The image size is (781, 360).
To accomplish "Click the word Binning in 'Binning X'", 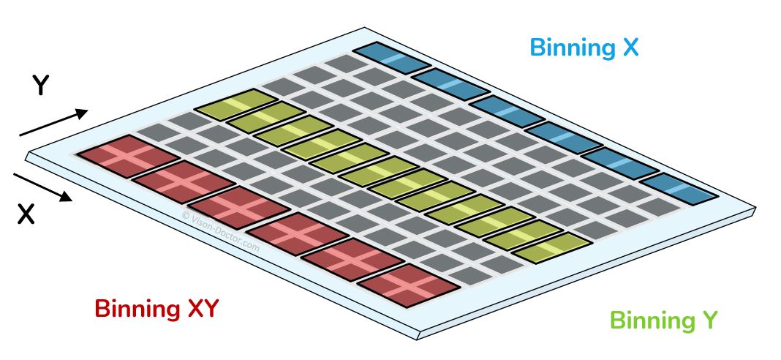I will [x=568, y=48].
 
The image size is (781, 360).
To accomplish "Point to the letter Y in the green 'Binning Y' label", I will [x=709, y=320].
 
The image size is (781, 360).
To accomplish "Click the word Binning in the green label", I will [x=649, y=321].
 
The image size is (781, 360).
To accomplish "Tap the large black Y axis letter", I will [x=41, y=87].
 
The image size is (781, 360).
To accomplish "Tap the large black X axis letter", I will [x=26, y=214].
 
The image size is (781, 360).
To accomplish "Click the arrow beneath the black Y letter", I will [x=53, y=123].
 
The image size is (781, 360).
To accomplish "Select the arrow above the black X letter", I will [x=42, y=186].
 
